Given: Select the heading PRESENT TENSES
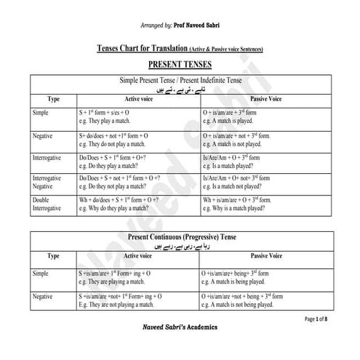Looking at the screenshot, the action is tap(180, 65).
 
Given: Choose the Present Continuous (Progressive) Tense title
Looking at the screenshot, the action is tap(180, 236).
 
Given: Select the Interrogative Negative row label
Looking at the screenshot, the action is tap(51, 183).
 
